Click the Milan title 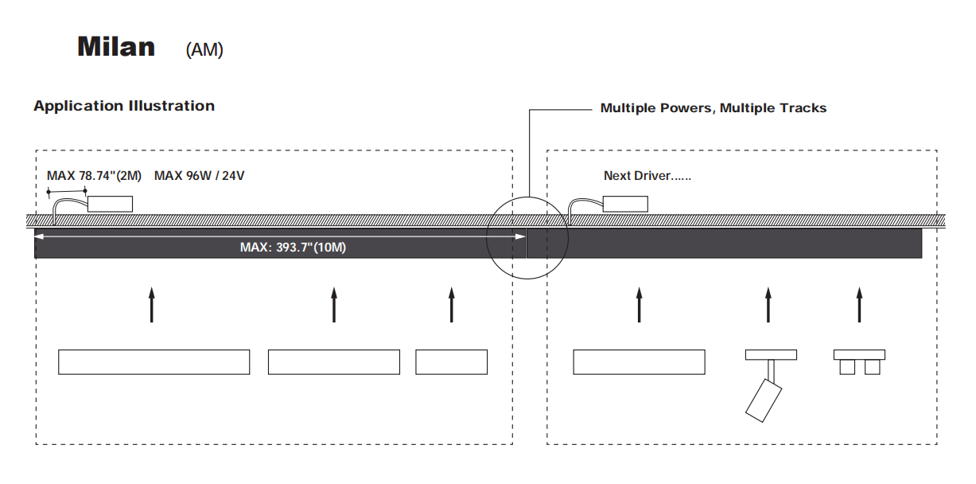click(x=116, y=47)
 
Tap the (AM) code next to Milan click(x=204, y=49)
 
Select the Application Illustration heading click(x=124, y=106)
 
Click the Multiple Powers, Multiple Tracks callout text click(x=713, y=108)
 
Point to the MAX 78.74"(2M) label click(x=94, y=175)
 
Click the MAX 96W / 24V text click(x=199, y=175)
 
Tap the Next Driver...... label click(x=647, y=175)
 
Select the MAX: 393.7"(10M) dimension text click(x=293, y=248)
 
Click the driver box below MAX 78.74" click(x=109, y=203)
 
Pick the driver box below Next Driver click(x=624, y=203)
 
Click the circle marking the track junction click(x=527, y=237)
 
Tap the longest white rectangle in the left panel click(x=154, y=362)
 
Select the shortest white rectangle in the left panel click(x=451, y=362)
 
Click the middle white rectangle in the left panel click(x=333, y=362)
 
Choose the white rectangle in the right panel click(x=639, y=362)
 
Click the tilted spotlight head click(x=763, y=400)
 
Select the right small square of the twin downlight click(x=873, y=366)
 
